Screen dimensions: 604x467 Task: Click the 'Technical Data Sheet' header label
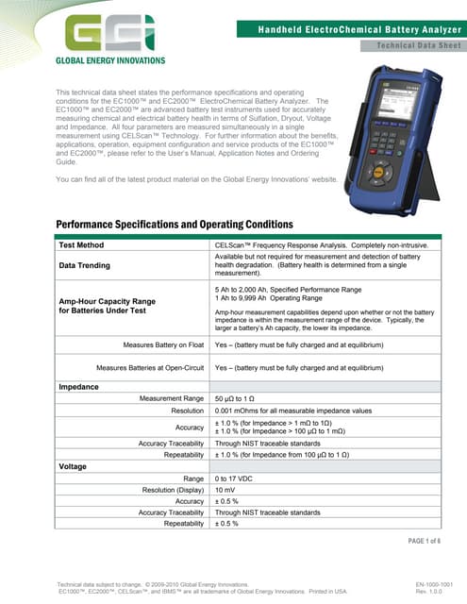pos(416,45)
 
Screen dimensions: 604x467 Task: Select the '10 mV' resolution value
pos(226,491)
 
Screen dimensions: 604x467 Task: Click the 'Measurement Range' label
pos(173,399)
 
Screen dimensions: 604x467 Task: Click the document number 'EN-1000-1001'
pos(435,585)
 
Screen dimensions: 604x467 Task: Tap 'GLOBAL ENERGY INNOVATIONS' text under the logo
pos(111,60)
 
